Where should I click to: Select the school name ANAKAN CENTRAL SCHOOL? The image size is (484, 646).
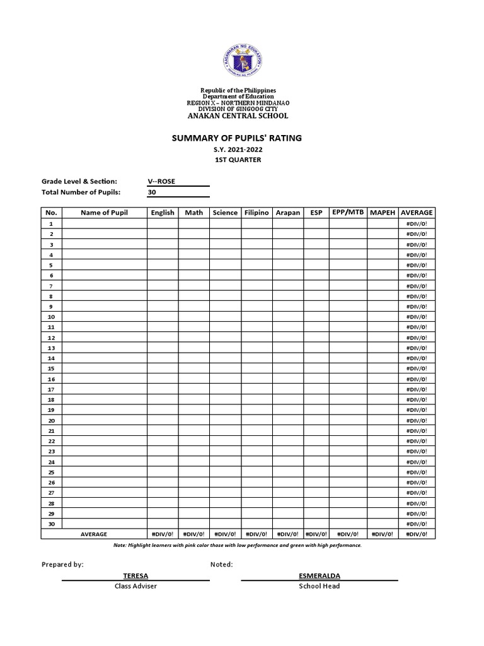238,116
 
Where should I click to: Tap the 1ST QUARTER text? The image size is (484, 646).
238,160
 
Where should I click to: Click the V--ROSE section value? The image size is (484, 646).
161,182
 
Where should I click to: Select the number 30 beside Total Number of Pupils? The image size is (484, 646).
151,192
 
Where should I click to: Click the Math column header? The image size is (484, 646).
193,213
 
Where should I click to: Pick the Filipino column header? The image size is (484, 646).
256,213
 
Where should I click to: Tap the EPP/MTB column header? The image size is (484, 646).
348,212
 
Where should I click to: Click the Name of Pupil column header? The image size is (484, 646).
104,213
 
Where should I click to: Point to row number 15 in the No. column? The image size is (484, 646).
51,368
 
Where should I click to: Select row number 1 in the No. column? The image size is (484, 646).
51,224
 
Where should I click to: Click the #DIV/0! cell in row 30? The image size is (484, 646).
417,524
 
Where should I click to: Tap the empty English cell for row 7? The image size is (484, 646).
163,286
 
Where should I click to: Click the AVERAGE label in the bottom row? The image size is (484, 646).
94,534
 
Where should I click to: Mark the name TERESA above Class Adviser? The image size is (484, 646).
135,576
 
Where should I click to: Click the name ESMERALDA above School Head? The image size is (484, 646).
319,576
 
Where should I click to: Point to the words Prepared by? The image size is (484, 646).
62,565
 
